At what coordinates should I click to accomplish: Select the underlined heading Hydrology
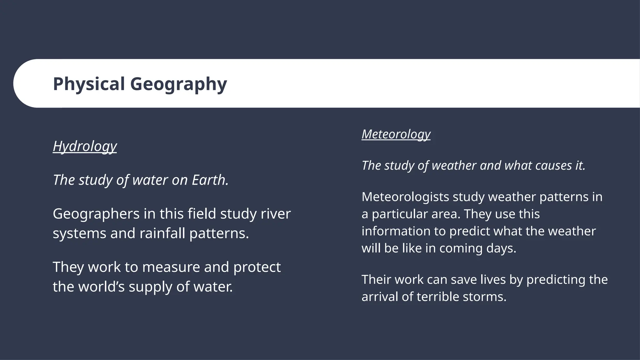pyautogui.click(x=85, y=146)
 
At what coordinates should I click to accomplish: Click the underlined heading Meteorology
pyautogui.click(x=396, y=134)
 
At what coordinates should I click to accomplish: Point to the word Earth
pyautogui.click(x=210, y=180)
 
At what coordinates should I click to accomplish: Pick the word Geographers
pyautogui.click(x=96, y=214)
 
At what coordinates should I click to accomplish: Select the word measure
pyautogui.click(x=171, y=267)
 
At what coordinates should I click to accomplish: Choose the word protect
pyautogui.click(x=257, y=267)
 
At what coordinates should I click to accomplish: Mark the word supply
pyautogui.click(x=150, y=287)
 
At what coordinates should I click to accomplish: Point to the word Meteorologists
pyautogui.click(x=405, y=197)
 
